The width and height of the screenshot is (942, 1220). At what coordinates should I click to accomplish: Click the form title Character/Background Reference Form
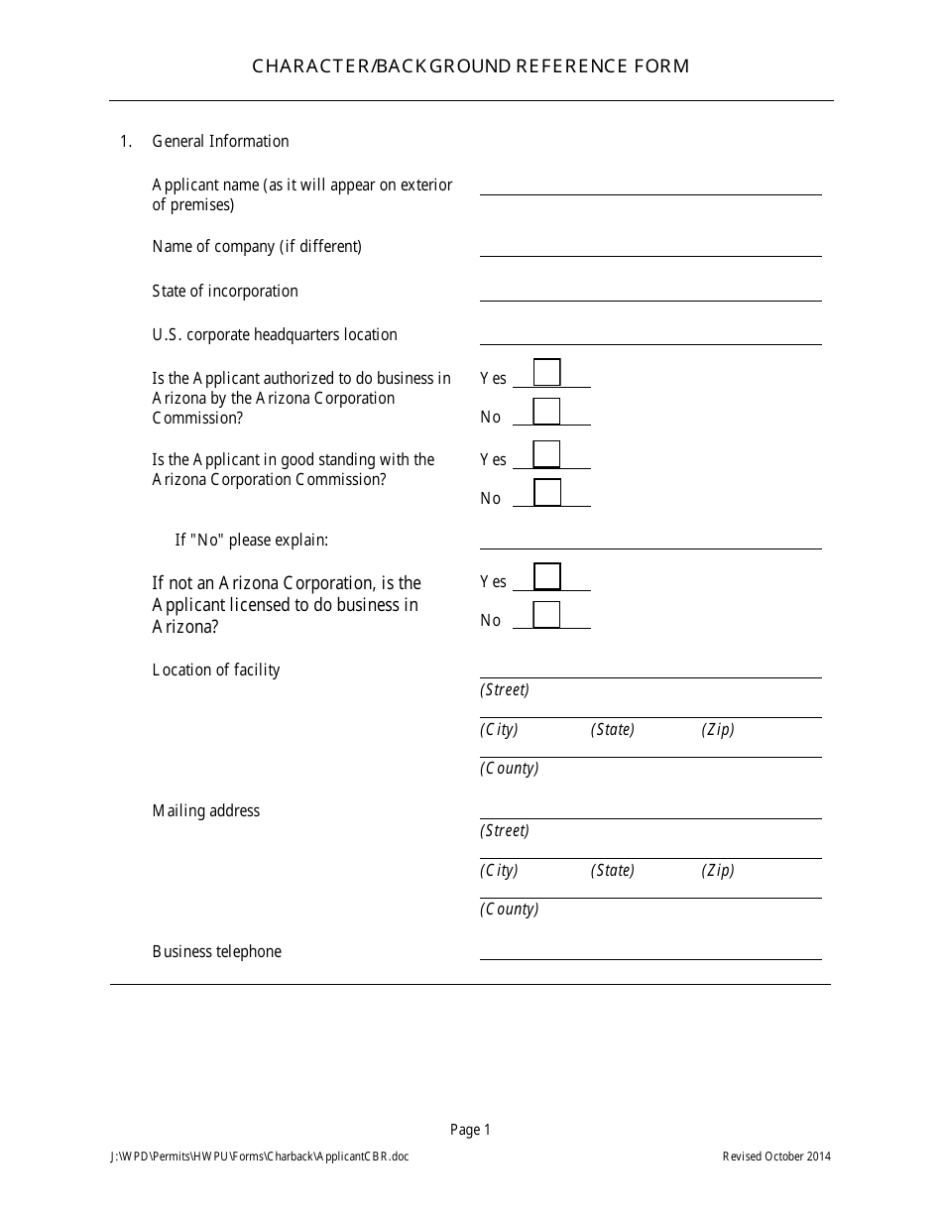click(470, 66)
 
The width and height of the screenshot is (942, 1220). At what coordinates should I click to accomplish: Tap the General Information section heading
click(220, 141)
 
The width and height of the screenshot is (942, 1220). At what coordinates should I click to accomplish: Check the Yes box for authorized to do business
click(546, 373)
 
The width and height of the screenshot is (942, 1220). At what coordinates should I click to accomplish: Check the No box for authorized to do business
click(546, 412)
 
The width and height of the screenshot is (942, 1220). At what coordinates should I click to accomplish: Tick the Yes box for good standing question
click(546, 454)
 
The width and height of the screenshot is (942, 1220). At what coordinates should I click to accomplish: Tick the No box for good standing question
click(546, 493)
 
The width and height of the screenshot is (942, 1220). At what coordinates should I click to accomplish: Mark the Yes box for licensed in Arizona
click(546, 576)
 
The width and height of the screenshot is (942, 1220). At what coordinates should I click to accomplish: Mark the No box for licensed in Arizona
click(546, 615)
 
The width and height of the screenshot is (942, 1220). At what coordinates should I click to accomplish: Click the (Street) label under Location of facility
click(505, 689)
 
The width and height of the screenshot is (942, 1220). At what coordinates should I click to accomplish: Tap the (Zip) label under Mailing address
click(718, 870)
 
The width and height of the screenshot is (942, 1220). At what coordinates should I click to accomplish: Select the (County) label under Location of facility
click(509, 768)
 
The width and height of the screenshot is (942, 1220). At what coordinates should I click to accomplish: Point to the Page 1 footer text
click(470, 1129)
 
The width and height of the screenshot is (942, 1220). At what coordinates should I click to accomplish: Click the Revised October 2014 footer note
click(776, 1156)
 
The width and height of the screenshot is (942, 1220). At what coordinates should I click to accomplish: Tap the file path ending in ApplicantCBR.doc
click(260, 1156)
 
